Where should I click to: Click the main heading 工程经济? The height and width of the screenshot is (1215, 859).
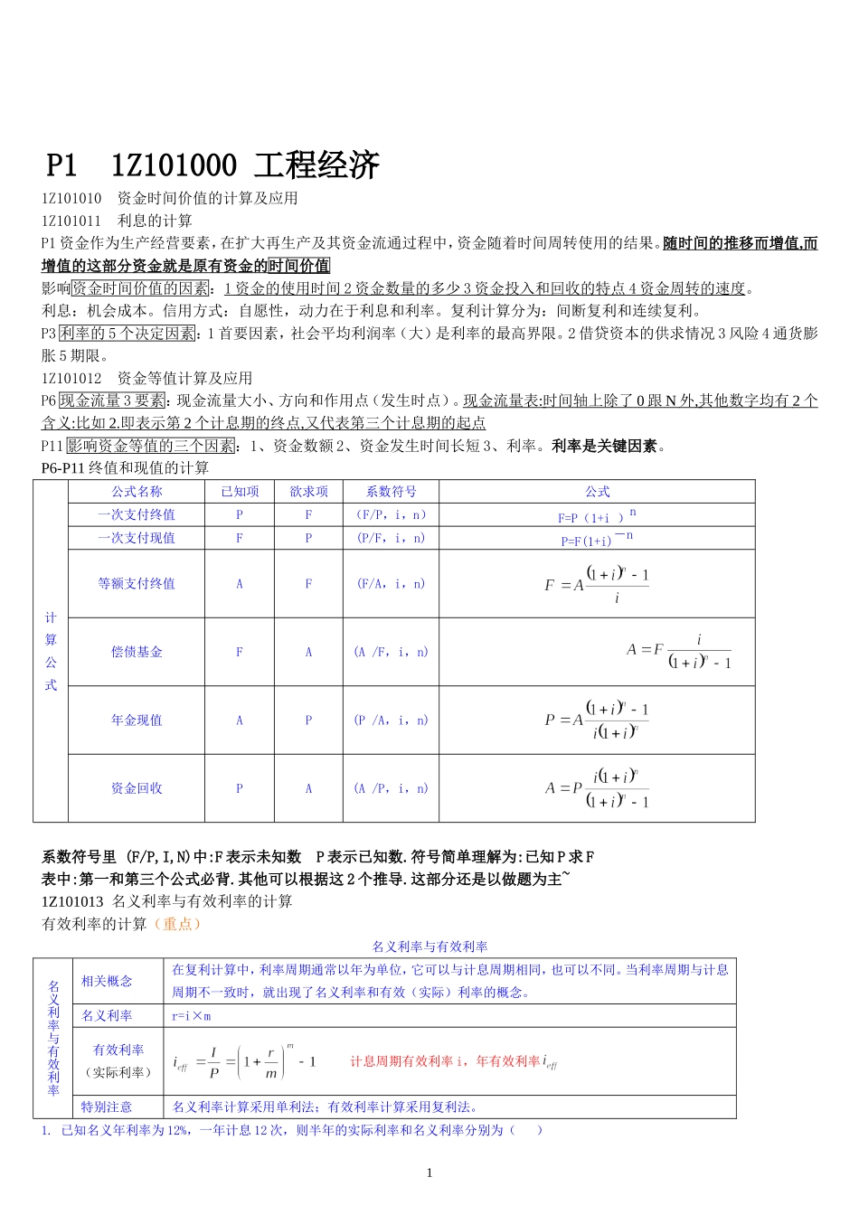pos(316,165)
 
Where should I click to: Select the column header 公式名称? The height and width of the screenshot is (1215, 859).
pos(137,492)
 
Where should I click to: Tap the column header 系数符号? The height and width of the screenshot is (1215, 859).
pos(391,492)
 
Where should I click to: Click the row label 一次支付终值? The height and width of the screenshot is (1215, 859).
pos(137,514)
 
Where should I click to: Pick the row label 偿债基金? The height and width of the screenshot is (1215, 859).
pos(137,652)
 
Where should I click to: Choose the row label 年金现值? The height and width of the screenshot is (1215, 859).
pos(137,721)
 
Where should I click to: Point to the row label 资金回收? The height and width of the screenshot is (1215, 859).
pos(137,788)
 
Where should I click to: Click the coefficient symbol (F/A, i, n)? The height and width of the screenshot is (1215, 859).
pos(391,584)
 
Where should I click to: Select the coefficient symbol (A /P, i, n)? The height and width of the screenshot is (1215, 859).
pos(391,788)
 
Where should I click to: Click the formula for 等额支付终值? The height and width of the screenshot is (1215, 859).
pos(597,584)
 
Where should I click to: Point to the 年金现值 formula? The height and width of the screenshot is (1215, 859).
pos(597,721)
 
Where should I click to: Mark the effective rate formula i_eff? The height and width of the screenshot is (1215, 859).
pos(244,1062)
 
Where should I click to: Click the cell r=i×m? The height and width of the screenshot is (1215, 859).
pos(192,1016)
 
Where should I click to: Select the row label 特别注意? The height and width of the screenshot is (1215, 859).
pos(107,1107)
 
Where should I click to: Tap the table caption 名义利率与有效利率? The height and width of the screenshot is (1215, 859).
pos(429,947)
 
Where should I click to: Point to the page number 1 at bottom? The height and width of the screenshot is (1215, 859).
pos(429,1173)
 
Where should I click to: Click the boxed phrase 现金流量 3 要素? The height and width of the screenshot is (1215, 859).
pos(113,400)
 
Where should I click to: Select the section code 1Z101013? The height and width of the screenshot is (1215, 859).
pos(72,901)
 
